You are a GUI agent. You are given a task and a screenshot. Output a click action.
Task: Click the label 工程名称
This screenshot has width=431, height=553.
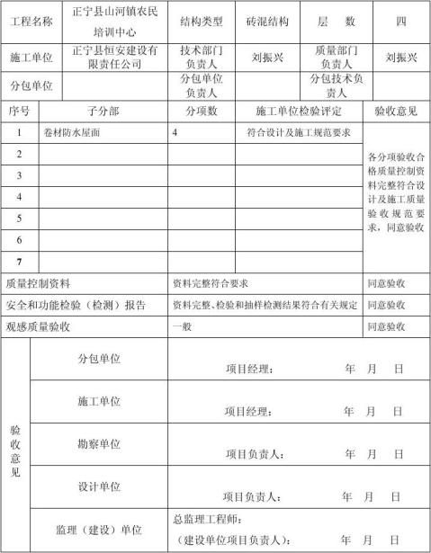coord(31,21)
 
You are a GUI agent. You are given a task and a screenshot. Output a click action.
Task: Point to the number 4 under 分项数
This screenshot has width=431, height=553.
coord(175,133)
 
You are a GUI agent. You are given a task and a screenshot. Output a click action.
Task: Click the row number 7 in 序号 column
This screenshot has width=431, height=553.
coord(19,263)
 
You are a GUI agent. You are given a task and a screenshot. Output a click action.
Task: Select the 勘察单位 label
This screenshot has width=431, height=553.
coord(100,443)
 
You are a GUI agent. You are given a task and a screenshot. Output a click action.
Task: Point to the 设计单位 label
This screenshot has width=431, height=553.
coord(100,486)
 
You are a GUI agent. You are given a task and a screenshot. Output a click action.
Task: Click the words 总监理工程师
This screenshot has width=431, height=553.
coord(207,520)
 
